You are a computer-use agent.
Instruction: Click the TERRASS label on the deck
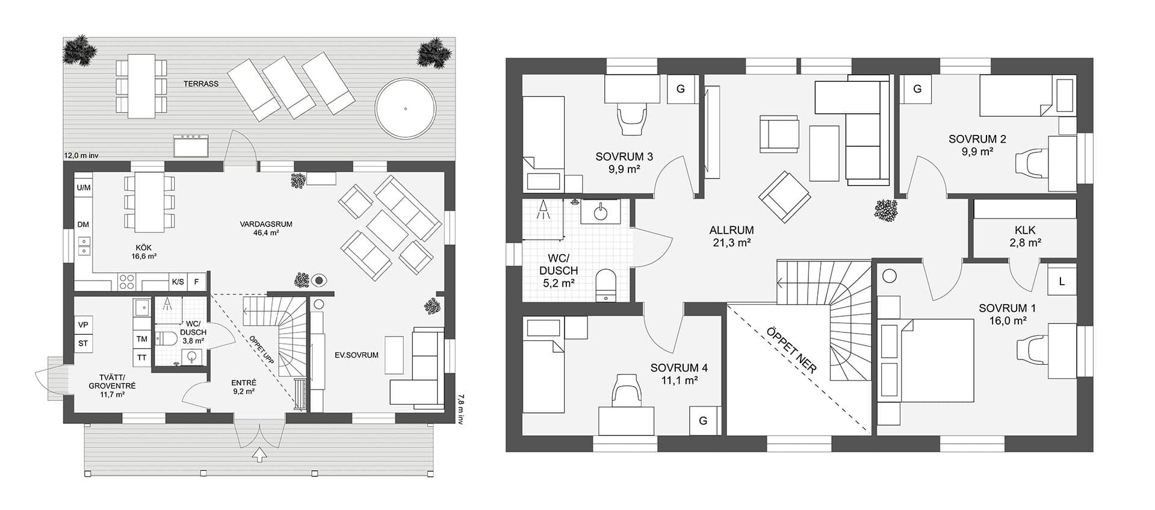click(x=201, y=84)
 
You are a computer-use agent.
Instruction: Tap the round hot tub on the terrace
click(x=405, y=110)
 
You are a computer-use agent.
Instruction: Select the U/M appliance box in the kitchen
click(x=84, y=188)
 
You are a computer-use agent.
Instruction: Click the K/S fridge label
click(x=178, y=282)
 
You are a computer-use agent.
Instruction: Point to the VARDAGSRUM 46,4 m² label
click(x=265, y=228)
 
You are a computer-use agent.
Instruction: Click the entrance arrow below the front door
click(x=259, y=455)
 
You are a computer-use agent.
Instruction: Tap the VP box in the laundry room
click(x=84, y=325)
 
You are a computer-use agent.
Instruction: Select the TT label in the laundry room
click(x=142, y=357)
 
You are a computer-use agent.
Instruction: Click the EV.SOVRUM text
click(x=357, y=355)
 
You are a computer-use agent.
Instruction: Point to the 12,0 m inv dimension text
click(x=81, y=155)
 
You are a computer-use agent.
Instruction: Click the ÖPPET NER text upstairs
click(x=792, y=350)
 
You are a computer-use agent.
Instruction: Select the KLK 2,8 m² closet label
click(x=1024, y=237)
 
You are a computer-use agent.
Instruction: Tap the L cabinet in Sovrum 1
click(x=1062, y=281)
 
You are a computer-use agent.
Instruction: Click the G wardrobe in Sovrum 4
click(x=703, y=421)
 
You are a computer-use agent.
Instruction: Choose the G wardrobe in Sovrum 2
click(x=917, y=89)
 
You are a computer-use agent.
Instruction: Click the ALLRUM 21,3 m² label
click(x=731, y=236)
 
